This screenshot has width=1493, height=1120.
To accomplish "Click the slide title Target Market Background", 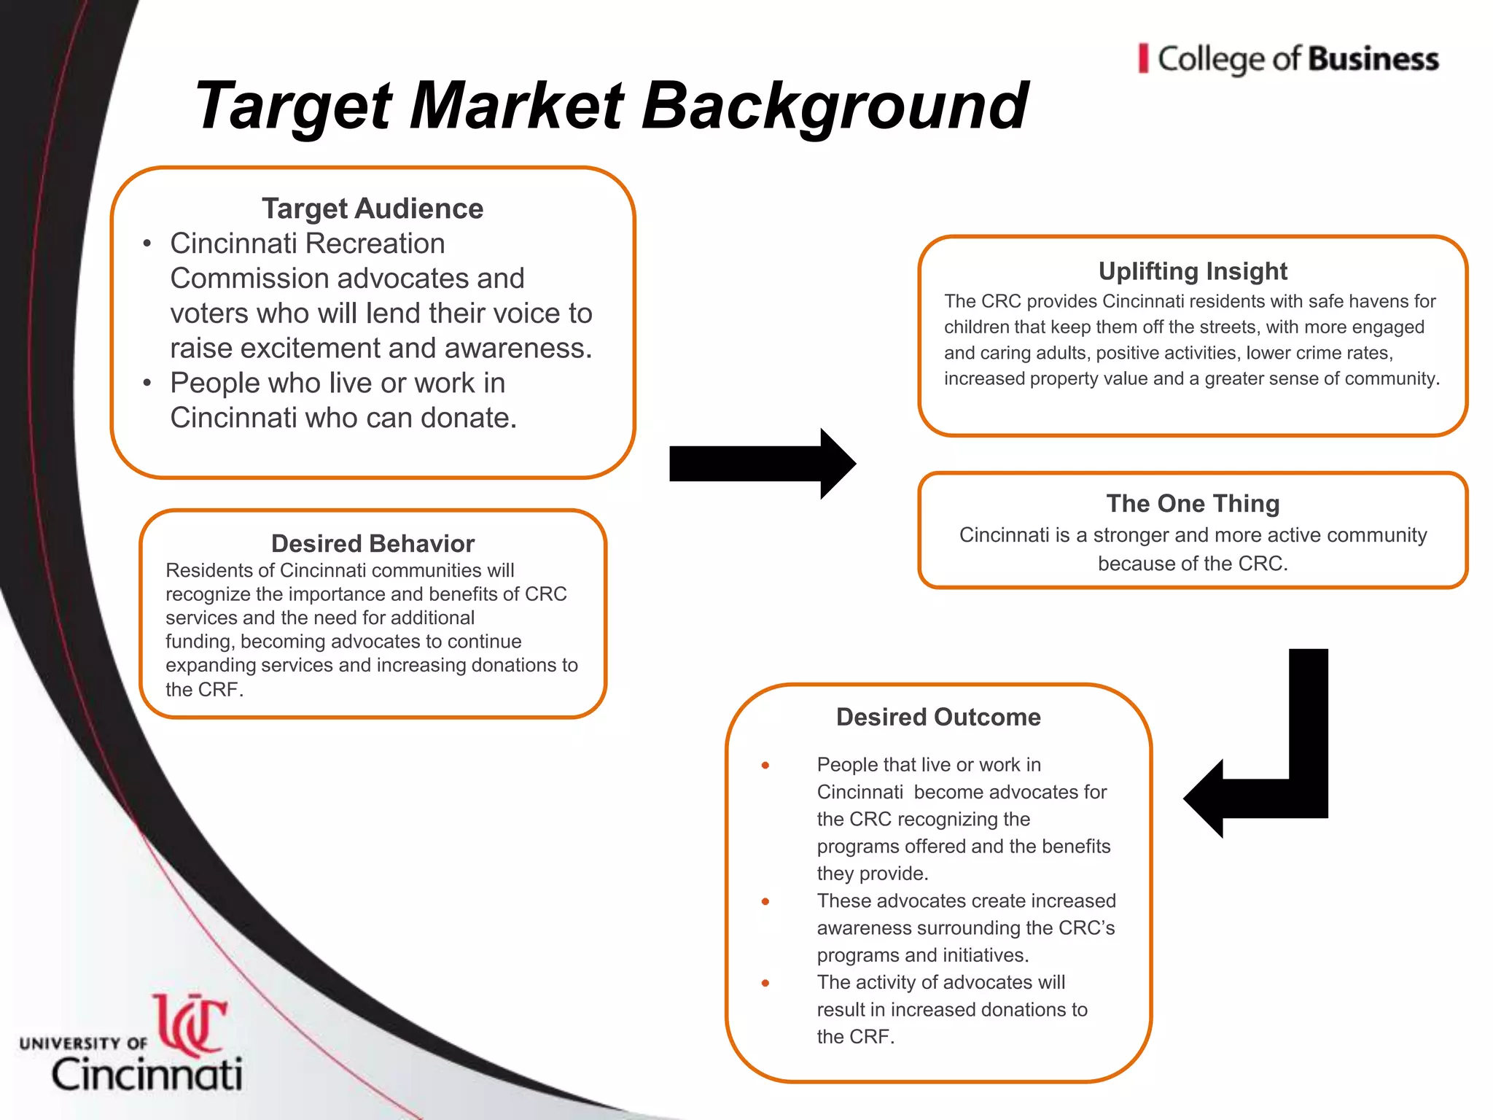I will click(x=611, y=106).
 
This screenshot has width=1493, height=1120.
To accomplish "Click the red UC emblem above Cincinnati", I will click(x=191, y=1024).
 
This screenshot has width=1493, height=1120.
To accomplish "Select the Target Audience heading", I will click(x=372, y=209).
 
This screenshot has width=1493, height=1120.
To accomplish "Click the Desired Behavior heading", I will click(x=373, y=543).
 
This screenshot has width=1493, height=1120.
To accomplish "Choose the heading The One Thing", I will click(x=1193, y=503).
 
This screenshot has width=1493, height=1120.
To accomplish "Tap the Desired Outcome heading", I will click(x=938, y=717).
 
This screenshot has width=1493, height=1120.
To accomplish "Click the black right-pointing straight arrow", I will click(x=762, y=464).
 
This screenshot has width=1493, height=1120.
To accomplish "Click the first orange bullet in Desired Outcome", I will click(x=765, y=765).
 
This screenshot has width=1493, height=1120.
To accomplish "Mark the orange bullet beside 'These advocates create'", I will click(x=765, y=901).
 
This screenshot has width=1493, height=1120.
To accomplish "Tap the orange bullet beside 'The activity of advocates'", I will click(x=765, y=983).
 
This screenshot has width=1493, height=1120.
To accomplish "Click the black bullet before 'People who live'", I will click(x=147, y=383).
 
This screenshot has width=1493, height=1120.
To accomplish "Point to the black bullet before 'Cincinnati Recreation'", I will click(x=147, y=244).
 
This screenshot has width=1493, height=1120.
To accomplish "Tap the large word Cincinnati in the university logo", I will click(x=147, y=1074).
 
